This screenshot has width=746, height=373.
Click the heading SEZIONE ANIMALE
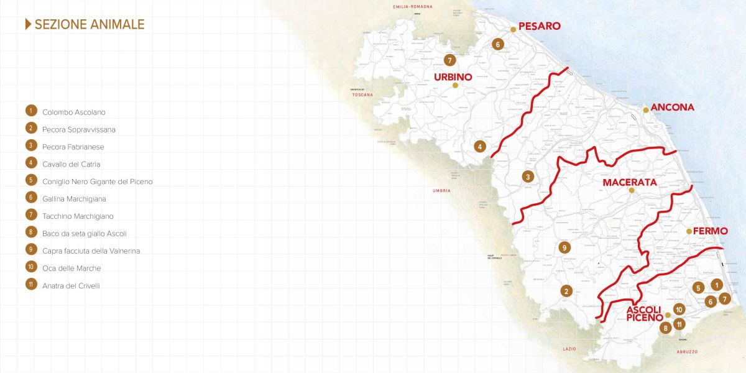click(90, 24)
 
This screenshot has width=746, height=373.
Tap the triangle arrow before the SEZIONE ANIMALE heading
click(28, 24)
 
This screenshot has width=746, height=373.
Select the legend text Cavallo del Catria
click(71, 164)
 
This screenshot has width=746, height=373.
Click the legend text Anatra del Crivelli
click(71, 285)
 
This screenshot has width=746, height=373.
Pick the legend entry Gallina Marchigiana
click(74, 199)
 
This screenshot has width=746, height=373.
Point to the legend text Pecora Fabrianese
click(73, 147)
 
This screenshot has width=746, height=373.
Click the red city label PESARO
click(539, 26)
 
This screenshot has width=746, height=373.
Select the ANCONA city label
click(672, 108)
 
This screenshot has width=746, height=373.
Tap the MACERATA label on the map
click(630, 183)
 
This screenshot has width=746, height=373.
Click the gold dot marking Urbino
click(455, 85)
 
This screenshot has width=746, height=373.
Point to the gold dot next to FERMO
click(689, 231)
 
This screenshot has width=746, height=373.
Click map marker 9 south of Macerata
click(564, 247)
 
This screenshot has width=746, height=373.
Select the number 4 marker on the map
click(480, 147)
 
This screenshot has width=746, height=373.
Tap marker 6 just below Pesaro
click(497, 44)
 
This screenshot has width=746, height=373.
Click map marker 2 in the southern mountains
click(566, 290)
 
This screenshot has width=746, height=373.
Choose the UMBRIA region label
click(442, 190)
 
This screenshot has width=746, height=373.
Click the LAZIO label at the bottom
click(569, 349)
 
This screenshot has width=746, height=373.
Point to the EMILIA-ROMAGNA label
click(412, 6)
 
